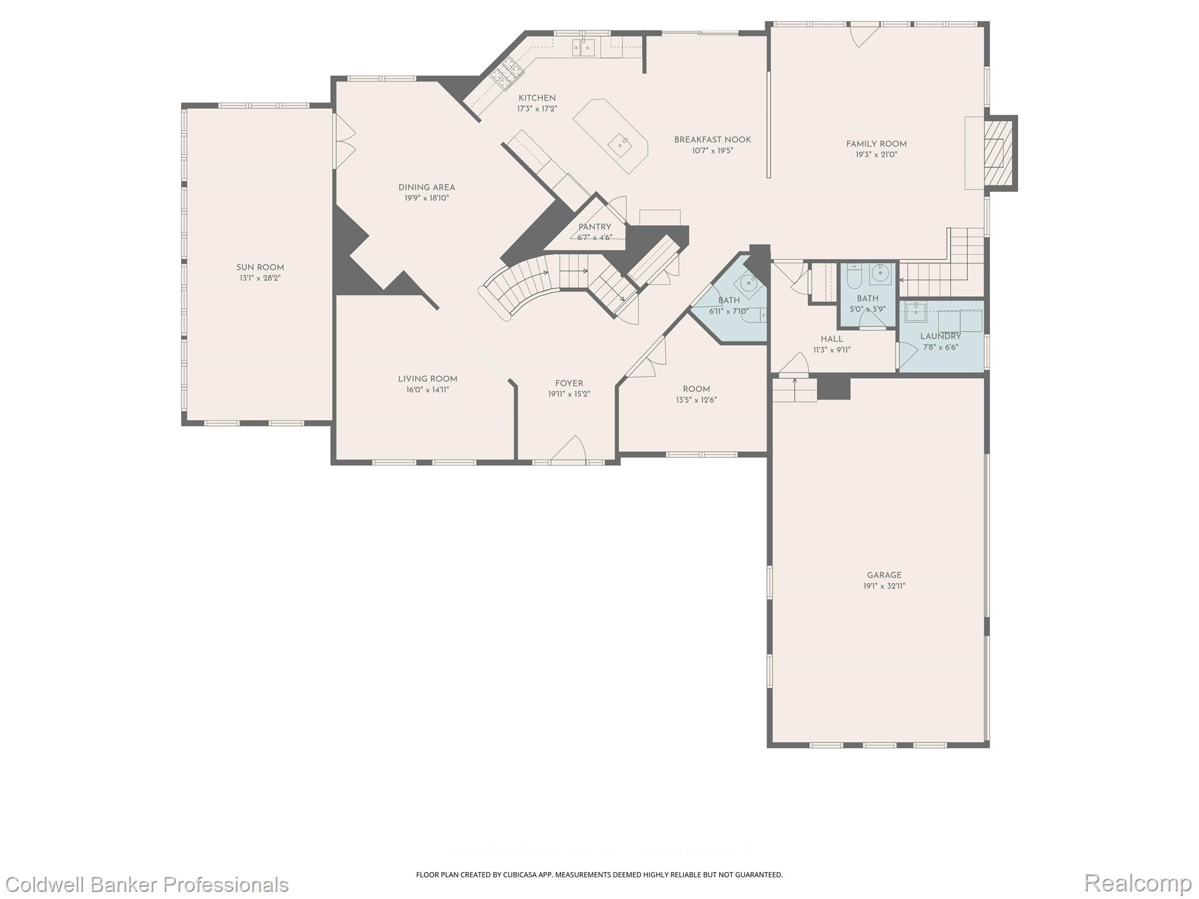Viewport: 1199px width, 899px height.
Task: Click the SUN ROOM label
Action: tap(260, 267)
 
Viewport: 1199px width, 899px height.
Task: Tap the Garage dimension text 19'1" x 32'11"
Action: tap(884, 586)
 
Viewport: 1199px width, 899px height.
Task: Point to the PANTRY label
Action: tap(594, 227)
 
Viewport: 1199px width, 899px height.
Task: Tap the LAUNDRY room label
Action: tap(940, 337)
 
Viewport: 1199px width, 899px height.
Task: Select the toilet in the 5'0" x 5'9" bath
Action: tap(854, 276)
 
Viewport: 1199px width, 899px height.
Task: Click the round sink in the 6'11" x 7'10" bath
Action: tap(749, 283)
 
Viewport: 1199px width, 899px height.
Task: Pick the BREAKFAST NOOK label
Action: tap(712, 140)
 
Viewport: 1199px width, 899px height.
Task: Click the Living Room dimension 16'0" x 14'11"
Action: tap(427, 390)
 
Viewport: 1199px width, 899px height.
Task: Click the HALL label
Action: tap(831, 339)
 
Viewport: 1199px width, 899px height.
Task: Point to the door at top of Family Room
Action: tap(864, 35)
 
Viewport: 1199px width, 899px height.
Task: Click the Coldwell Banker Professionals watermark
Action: tap(145, 884)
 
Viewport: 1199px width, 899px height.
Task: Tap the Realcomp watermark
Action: tap(1138, 883)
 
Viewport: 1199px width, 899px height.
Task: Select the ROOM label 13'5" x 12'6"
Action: tap(696, 389)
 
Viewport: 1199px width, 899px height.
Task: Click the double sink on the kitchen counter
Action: tap(584, 47)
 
